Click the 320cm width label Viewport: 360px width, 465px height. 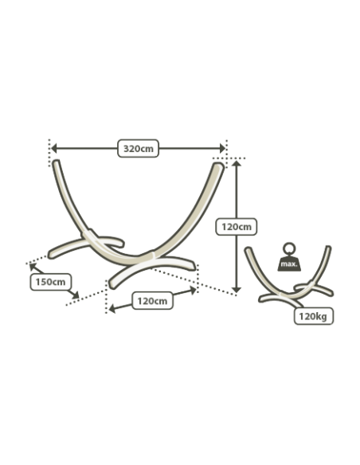pyautogui.click(x=139, y=148)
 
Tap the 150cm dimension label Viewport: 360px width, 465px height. pyautogui.click(x=51, y=282)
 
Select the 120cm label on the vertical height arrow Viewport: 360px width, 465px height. pyautogui.click(x=236, y=227)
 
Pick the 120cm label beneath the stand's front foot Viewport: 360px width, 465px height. pyautogui.click(x=152, y=301)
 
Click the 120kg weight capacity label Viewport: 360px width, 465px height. pyautogui.click(x=314, y=316)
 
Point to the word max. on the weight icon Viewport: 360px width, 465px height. pyautogui.click(x=289, y=264)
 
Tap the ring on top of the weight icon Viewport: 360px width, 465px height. pyautogui.click(x=289, y=248)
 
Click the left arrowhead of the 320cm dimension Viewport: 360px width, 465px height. pyautogui.click(x=53, y=148)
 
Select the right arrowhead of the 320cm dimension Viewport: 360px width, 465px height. pyautogui.click(x=222, y=148)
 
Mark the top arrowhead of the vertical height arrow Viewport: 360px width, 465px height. pyautogui.click(x=236, y=163)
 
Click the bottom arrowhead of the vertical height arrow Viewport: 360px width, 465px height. pyautogui.click(x=236, y=290)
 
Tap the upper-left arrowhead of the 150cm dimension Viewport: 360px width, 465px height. pyautogui.click(x=33, y=266)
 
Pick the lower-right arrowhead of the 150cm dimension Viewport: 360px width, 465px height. pyautogui.click(x=76, y=295)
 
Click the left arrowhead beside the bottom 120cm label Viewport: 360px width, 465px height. pyautogui.click(x=112, y=309)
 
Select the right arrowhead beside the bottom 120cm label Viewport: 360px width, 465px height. pyautogui.click(x=193, y=291)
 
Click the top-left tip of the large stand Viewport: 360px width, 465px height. pyautogui.click(x=57, y=162)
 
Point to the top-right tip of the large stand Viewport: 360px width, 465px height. pyautogui.click(x=219, y=165)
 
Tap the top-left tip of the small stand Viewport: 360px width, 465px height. pyautogui.click(x=248, y=249)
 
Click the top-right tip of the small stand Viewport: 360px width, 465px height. pyautogui.click(x=328, y=247)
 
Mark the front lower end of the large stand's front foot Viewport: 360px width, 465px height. pyautogui.click(x=112, y=285)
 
